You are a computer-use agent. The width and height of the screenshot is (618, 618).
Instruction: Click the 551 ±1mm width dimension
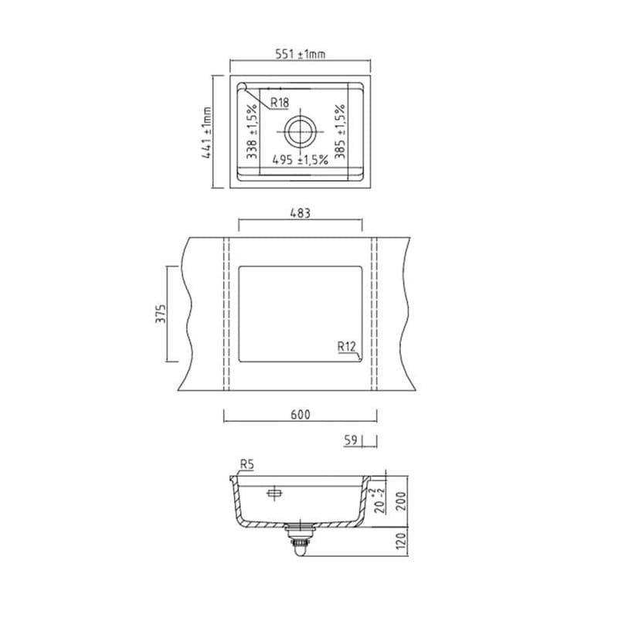tap(301, 54)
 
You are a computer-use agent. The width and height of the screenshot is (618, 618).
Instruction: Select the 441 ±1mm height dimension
tap(206, 133)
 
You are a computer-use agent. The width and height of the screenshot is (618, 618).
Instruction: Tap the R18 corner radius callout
tap(278, 102)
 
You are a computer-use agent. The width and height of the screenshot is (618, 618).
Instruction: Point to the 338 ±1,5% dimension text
tap(251, 132)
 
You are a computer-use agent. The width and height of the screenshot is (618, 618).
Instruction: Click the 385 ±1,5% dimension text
tap(341, 132)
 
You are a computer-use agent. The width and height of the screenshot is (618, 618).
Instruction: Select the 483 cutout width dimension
tap(300, 213)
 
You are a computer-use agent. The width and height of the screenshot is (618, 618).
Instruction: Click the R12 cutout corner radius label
tap(346, 347)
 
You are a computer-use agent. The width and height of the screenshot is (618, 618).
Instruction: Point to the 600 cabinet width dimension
tap(300, 415)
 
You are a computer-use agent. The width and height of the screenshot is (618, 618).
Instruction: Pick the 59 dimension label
tap(351, 440)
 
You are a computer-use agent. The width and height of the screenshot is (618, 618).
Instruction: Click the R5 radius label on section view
tap(246, 464)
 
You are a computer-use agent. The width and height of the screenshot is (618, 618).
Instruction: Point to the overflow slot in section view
tap(273, 492)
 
